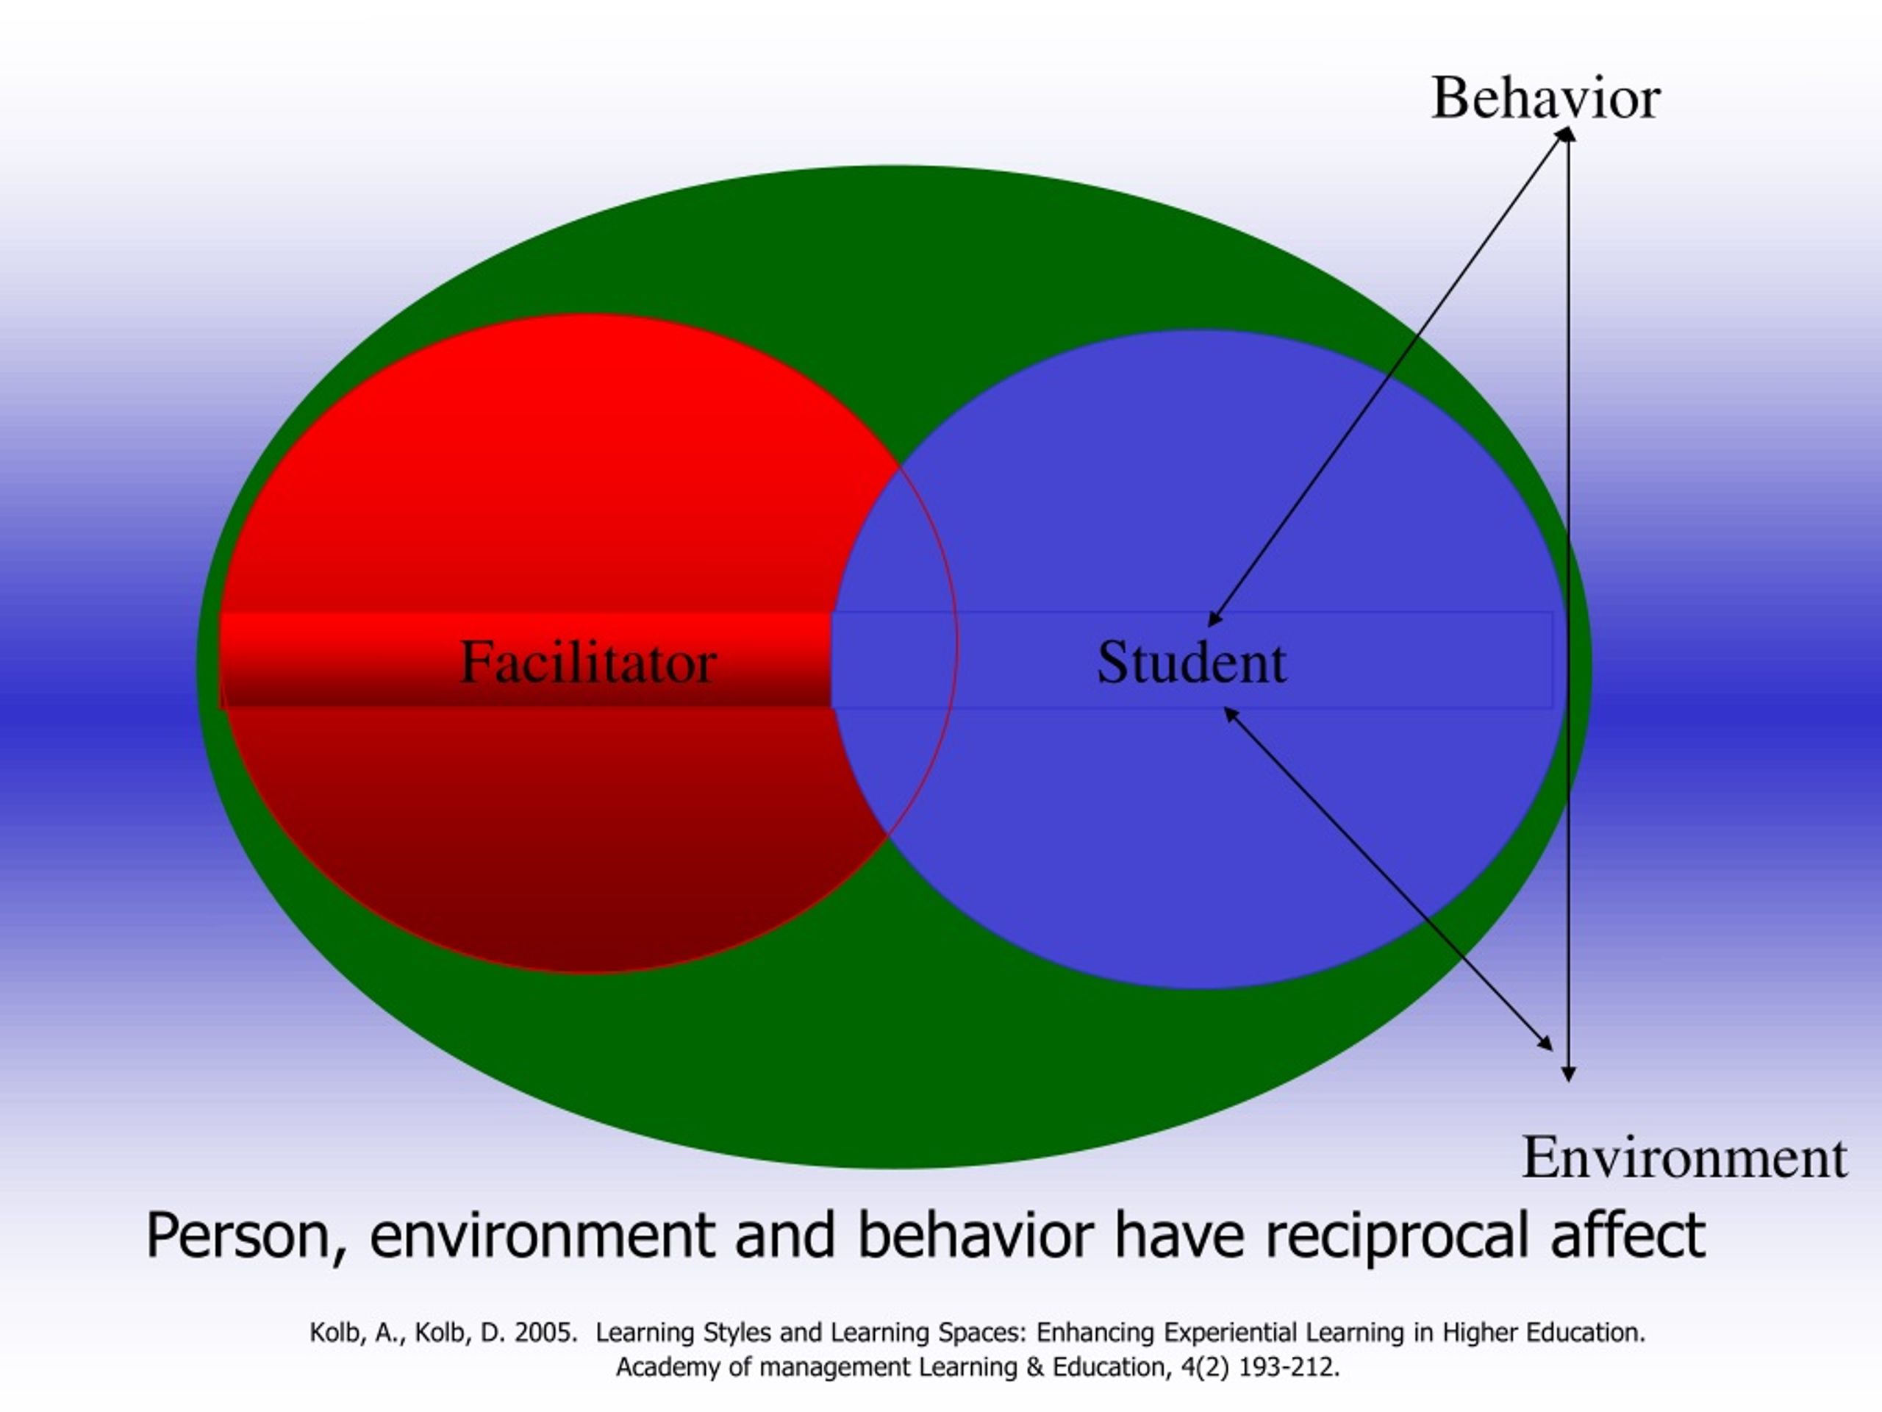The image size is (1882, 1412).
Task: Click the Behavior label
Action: [1545, 98]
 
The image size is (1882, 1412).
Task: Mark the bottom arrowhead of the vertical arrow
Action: [1569, 1074]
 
